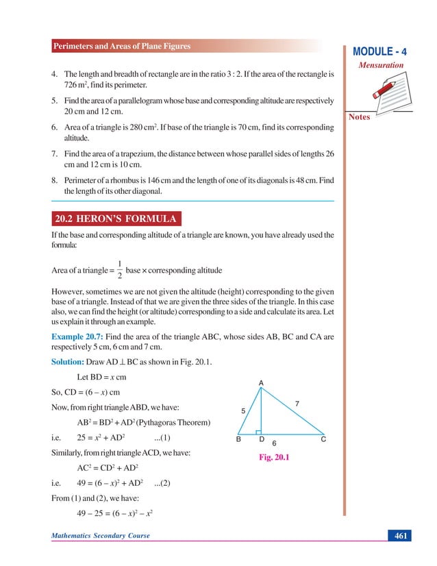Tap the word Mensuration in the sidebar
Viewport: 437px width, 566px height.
coord(382,65)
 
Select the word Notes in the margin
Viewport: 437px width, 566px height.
coord(360,117)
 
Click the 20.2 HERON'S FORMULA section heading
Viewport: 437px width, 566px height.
coord(116,219)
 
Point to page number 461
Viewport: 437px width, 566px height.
coord(400,535)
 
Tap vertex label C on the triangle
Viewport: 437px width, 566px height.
coord(323,440)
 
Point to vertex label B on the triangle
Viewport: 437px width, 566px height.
coord(238,440)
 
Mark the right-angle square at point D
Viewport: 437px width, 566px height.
coord(258,432)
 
